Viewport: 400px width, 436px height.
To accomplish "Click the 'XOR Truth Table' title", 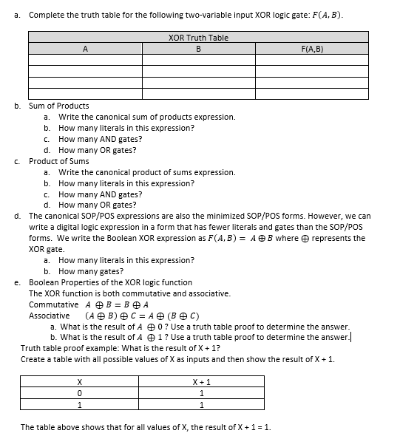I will [x=198, y=38].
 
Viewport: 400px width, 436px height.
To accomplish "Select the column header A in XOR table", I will [x=85, y=49].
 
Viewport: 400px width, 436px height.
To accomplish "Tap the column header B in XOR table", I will [x=198, y=49].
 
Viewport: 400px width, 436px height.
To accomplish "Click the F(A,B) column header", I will [x=313, y=49].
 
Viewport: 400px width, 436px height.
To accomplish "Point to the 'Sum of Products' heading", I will [x=59, y=106].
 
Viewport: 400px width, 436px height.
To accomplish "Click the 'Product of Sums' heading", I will [x=59, y=161].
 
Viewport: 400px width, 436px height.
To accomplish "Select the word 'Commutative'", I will [x=53, y=304].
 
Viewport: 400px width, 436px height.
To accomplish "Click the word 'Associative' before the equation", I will [x=50, y=316].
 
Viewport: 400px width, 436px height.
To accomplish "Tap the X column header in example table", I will [x=79, y=381].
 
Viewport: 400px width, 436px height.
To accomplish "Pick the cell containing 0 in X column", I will [x=79, y=393].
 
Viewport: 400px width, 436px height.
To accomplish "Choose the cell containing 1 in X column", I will [x=79, y=405].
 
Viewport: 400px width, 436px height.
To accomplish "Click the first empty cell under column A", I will [x=85, y=60].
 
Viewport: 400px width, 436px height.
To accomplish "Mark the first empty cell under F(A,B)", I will [x=313, y=60].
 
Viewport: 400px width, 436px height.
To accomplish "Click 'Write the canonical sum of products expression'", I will [x=147, y=117].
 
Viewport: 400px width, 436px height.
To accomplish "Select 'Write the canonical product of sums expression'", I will [x=147, y=172].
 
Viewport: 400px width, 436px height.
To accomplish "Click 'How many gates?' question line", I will [x=91, y=271].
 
